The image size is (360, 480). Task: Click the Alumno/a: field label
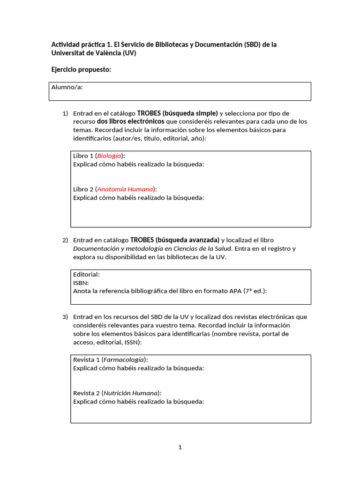[x=67, y=87]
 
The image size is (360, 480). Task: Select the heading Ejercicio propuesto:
[x=81, y=70]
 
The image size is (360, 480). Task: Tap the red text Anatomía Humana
[x=125, y=189]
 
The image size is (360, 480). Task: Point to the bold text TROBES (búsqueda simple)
[x=177, y=113]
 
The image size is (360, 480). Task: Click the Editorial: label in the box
[x=87, y=274]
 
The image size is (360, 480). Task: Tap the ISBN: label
[x=81, y=283]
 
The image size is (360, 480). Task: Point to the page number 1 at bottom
[x=180, y=448]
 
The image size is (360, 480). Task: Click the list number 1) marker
[x=65, y=113]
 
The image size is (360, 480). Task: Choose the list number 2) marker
[x=65, y=240]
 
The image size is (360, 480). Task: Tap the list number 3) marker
[x=65, y=317]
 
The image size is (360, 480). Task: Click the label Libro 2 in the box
[x=83, y=189]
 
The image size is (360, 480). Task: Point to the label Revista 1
[x=86, y=360]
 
